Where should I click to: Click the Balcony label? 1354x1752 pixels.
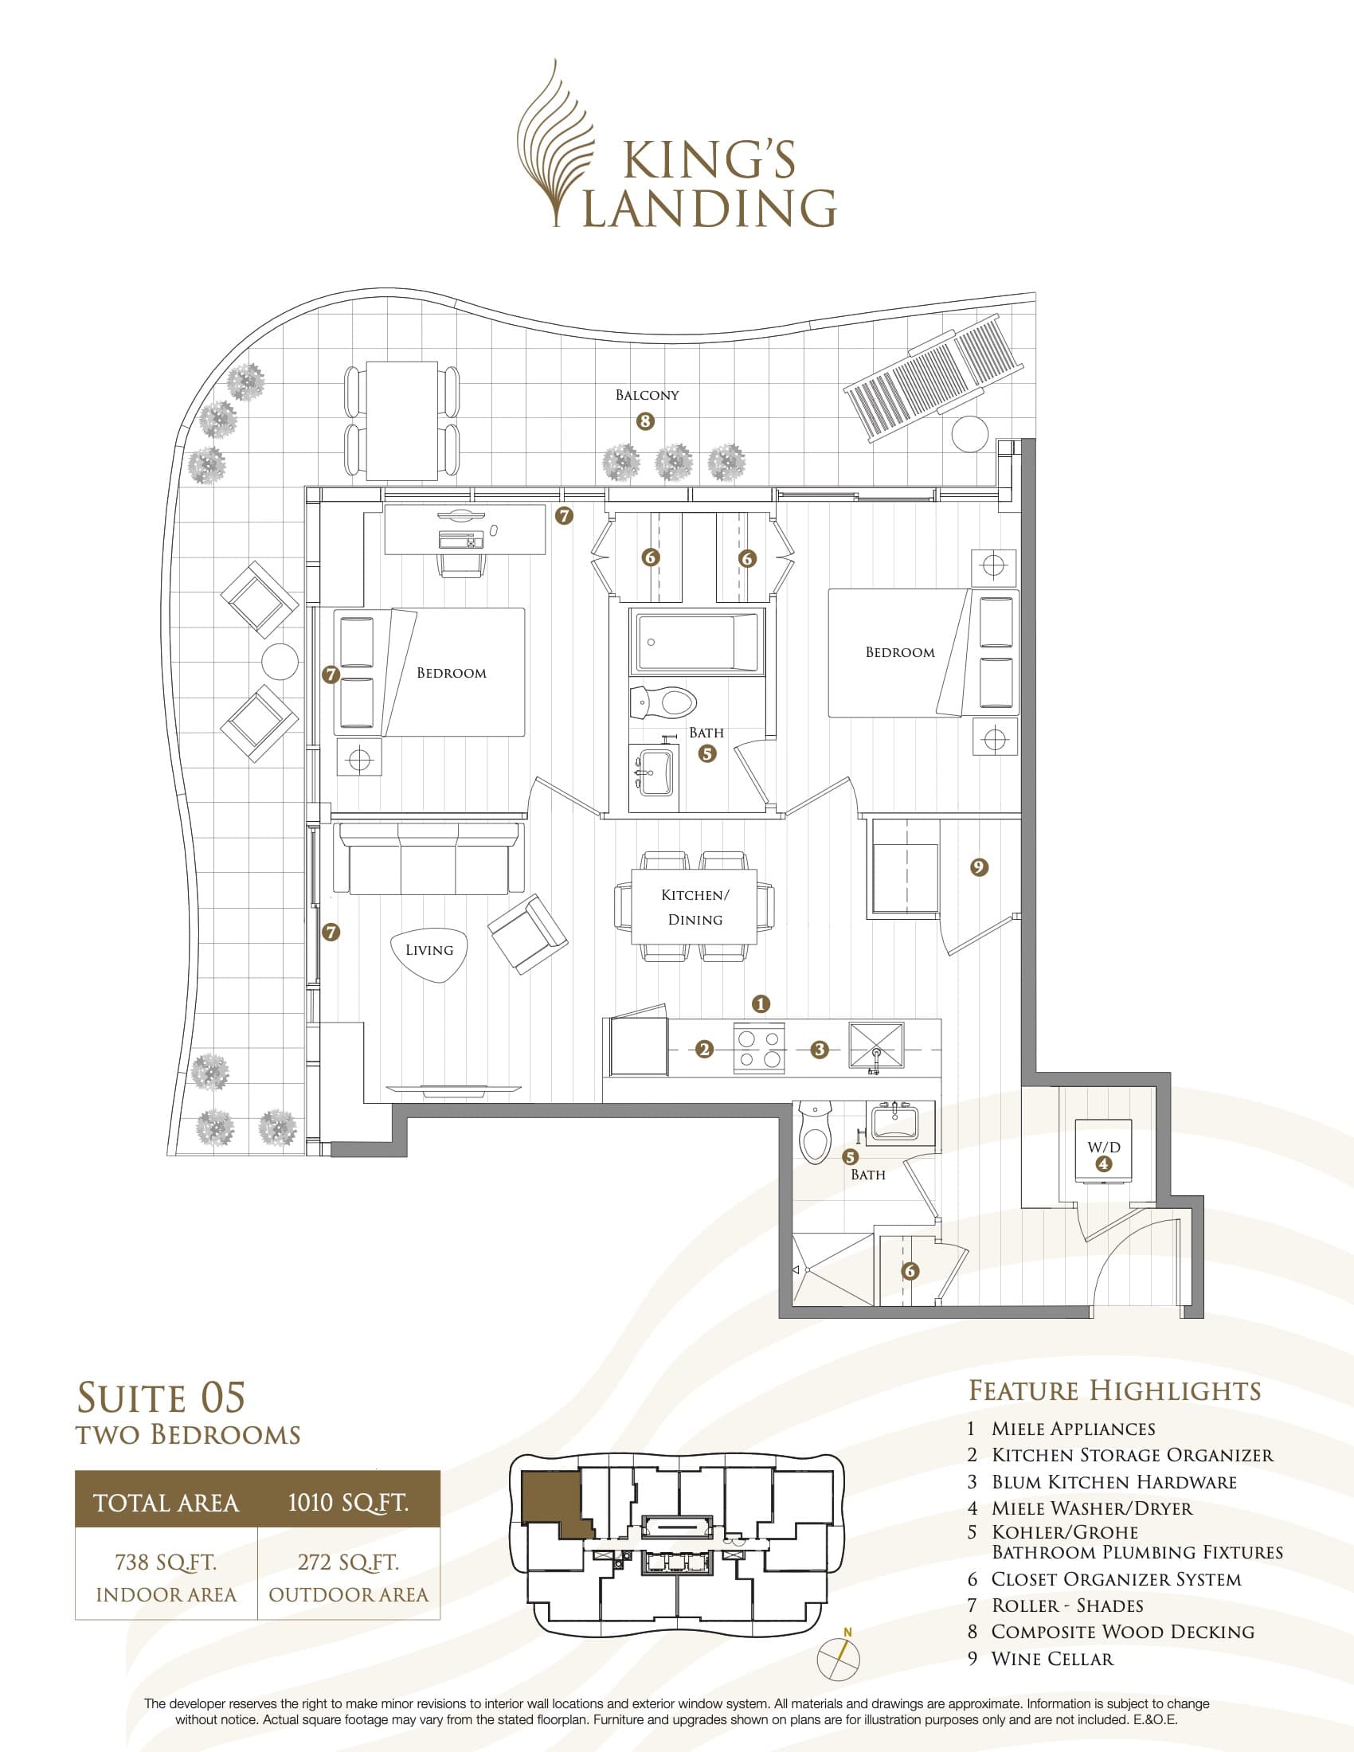(647, 395)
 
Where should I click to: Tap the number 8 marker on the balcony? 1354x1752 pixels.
(645, 421)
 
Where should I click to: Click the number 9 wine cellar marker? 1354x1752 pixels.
(979, 867)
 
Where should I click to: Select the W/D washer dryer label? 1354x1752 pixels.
(1104, 1147)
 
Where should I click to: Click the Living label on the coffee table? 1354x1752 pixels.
(429, 950)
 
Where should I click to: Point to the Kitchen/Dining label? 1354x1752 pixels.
(695, 906)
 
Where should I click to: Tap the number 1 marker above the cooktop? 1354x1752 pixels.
(761, 1003)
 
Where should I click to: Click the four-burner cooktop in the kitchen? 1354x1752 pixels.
(759, 1049)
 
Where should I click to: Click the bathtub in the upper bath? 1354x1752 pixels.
(697, 643)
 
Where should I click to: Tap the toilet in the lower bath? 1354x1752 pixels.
(816, 1134)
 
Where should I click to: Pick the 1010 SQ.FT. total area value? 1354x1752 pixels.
(348, 1502)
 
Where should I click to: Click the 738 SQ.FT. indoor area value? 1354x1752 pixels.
(166, 1562)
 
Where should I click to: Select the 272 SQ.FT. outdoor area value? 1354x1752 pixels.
(348, 1562)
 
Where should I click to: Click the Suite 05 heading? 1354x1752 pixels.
(160, 1398)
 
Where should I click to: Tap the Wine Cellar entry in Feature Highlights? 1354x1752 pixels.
(1051, 1659)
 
